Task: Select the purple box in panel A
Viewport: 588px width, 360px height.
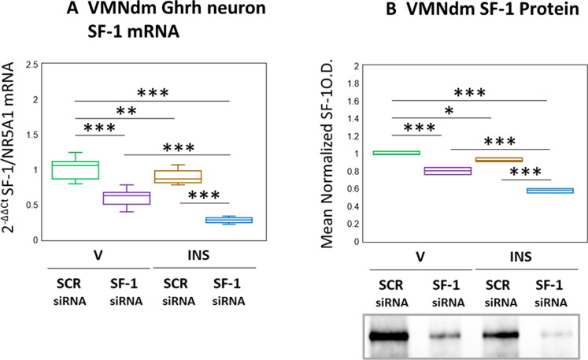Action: (133, 198)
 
